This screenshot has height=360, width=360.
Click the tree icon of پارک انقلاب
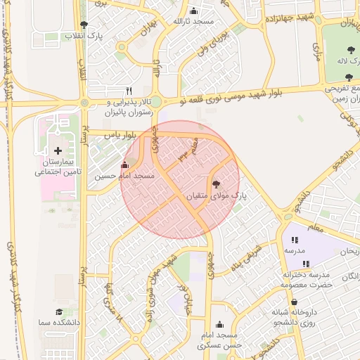click(84, 25)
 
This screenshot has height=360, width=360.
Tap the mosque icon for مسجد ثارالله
click(193, 11)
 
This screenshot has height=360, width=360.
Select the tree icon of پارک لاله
click(350, 50)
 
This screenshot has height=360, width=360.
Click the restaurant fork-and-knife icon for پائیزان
click(129, 91)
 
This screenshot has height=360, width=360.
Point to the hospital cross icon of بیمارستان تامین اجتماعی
click(58, 151)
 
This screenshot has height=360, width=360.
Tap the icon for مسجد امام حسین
click(125, 165)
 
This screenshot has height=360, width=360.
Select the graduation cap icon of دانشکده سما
click(59, 311)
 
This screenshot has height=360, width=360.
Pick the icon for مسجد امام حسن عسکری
click(221, 324)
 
